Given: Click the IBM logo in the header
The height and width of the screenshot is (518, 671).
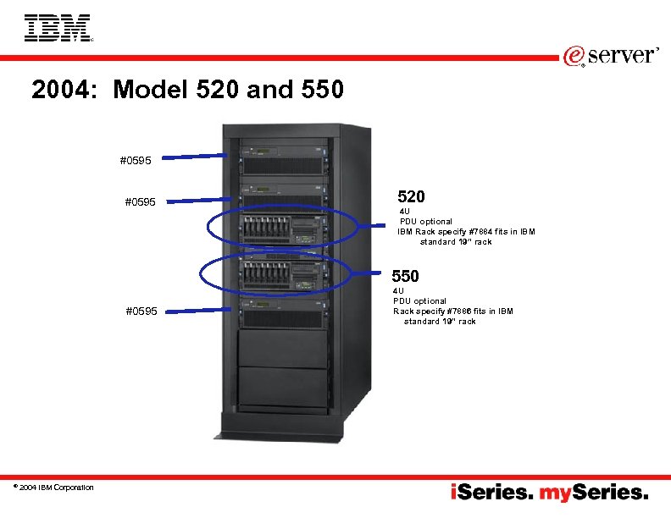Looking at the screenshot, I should [x=58, y=28].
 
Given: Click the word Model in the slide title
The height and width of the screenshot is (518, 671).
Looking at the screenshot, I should [x=147, y=89].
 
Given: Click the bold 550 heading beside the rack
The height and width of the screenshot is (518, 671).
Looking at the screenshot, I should [x=405, y=276].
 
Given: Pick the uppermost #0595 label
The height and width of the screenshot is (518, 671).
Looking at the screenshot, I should [x=136, y=159].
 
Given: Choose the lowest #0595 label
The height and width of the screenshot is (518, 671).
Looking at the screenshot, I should [x=141, y=311].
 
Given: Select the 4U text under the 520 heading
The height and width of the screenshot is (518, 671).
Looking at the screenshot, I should [x=405, y=212].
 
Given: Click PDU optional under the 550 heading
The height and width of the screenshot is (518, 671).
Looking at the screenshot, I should [x=419, y=301].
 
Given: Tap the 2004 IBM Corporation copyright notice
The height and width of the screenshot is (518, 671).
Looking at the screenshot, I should [x=53, y=487].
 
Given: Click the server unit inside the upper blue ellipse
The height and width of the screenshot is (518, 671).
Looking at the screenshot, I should [x=283, y=227].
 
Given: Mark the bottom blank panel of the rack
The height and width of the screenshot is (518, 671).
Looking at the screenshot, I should [x=283, y=388].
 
